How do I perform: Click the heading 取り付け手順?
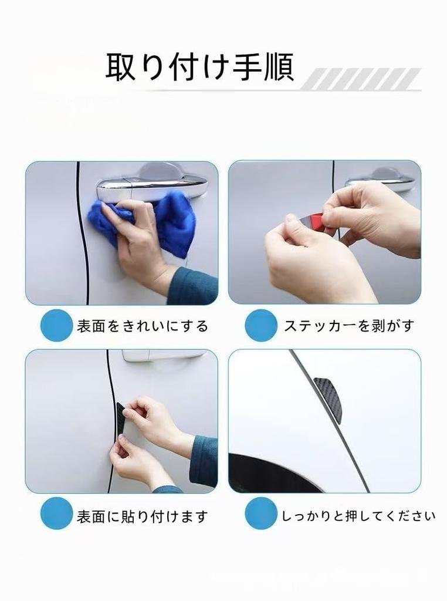point(199,67)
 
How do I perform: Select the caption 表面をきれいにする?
point(142,326)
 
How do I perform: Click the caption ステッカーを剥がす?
point(349,326)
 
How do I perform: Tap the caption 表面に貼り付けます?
point(142,516)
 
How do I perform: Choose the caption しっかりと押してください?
point(358,516)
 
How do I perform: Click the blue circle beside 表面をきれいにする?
point(56,325)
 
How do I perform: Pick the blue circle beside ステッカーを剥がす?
point(261,325)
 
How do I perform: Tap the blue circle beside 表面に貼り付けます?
point(56,513)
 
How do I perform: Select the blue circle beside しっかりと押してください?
point(261,513)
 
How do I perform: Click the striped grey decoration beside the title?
point(360,79)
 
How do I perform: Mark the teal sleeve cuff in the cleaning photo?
point(194,286)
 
